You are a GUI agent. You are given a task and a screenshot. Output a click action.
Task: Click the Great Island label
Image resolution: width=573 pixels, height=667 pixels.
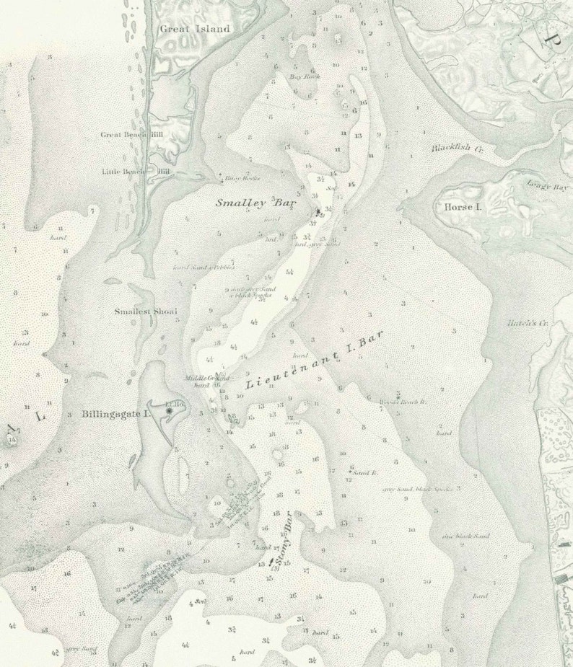click(x=194, y=29)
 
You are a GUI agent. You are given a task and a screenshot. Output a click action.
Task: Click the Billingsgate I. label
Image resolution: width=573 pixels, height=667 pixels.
click(x=115, y=415)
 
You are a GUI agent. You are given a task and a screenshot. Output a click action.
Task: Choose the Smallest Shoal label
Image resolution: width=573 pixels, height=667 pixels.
click(x=146, y=312)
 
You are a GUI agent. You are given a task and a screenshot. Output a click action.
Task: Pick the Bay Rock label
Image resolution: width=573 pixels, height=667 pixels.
click(x=304, y=76)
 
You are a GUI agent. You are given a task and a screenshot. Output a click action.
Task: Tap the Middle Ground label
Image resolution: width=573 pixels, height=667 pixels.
click(x=207, y=378)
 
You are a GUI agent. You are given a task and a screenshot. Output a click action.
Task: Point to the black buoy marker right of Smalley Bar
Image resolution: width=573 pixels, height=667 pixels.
click(x=317, y=211)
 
